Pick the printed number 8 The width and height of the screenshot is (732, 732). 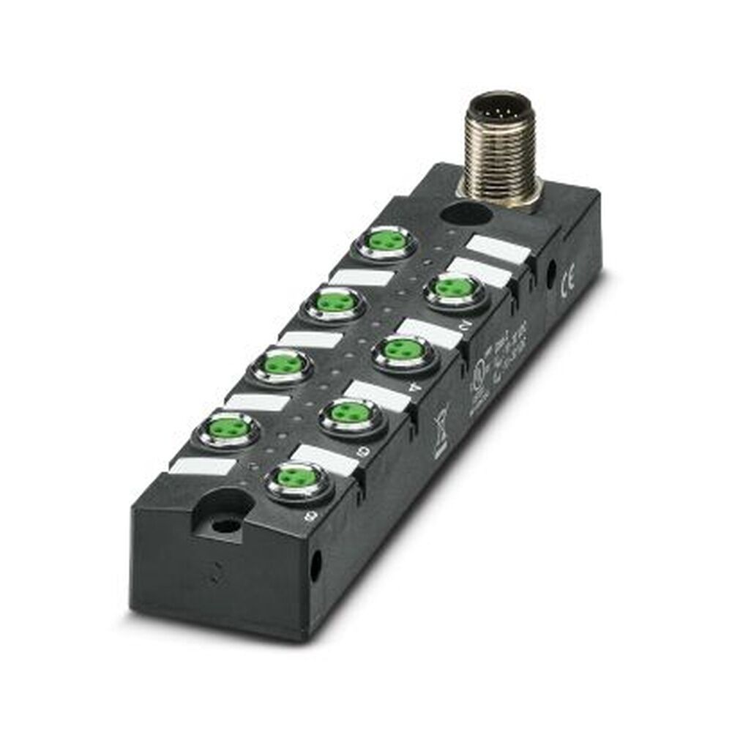pyautogui.click(x=315, y=517)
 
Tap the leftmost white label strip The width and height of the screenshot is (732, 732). pyautogui.click(x=203, y=468)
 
